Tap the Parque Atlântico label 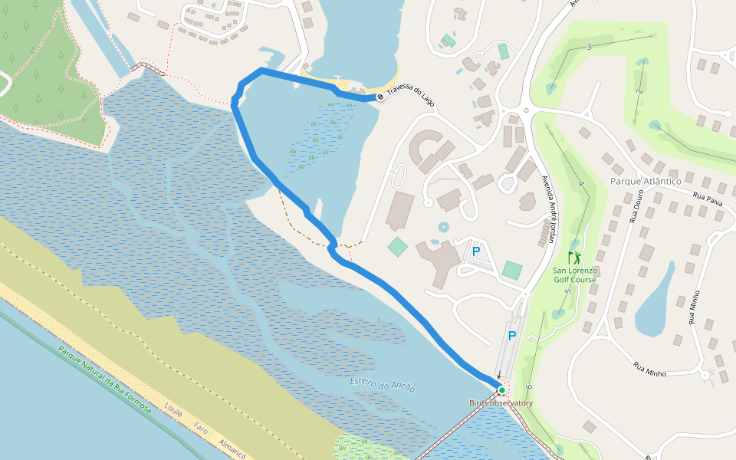pyautogui.click(x=646, y=181)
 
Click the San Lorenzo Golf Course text pyautogui.click(x=574, y=275)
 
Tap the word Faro pyautogui.click(x=201, y=429)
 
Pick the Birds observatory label pyautogui.click(x=501, y=403)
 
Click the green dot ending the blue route pyautogui.click(x=501, y=390)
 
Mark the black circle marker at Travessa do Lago pyautogui.click(x=379, y=97)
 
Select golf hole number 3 pyautogui.click(x=589, y=48)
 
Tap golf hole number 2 pyautogui.click(x=638, y=91)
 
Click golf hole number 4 pyautogui.click(x=581, y=184)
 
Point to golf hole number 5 pyautogui.click(x=568, y=293)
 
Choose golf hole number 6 pyautogui.click(x=528, y=386)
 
